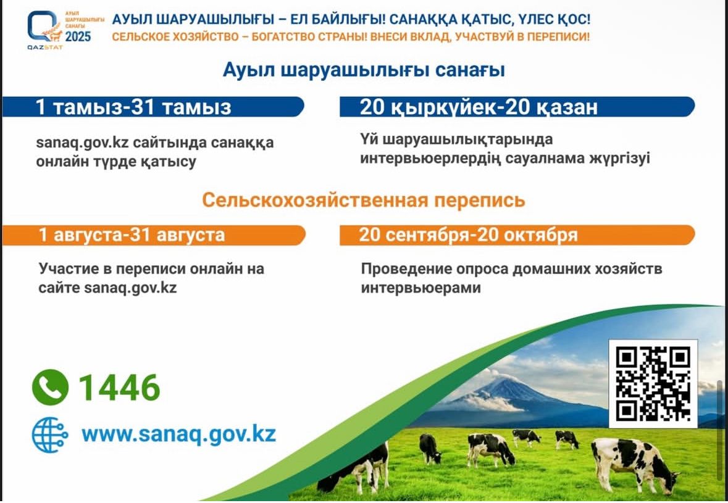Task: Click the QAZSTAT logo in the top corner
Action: point(44,29)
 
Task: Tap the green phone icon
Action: point(50,388)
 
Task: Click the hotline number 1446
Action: point(119,388)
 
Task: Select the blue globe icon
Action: point(49,434)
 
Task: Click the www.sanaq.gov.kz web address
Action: point(178,434)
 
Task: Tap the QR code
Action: point(653,384)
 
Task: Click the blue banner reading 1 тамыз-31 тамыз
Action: point(153,107)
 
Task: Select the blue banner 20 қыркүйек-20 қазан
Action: point(517,107)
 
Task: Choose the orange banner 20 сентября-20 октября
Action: point(517,235)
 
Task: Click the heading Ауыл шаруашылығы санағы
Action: point(364,70)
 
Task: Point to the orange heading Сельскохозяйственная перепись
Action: point(364,200)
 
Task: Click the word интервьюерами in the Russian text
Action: point(420,288)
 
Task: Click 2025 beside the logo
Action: point(78,37)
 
